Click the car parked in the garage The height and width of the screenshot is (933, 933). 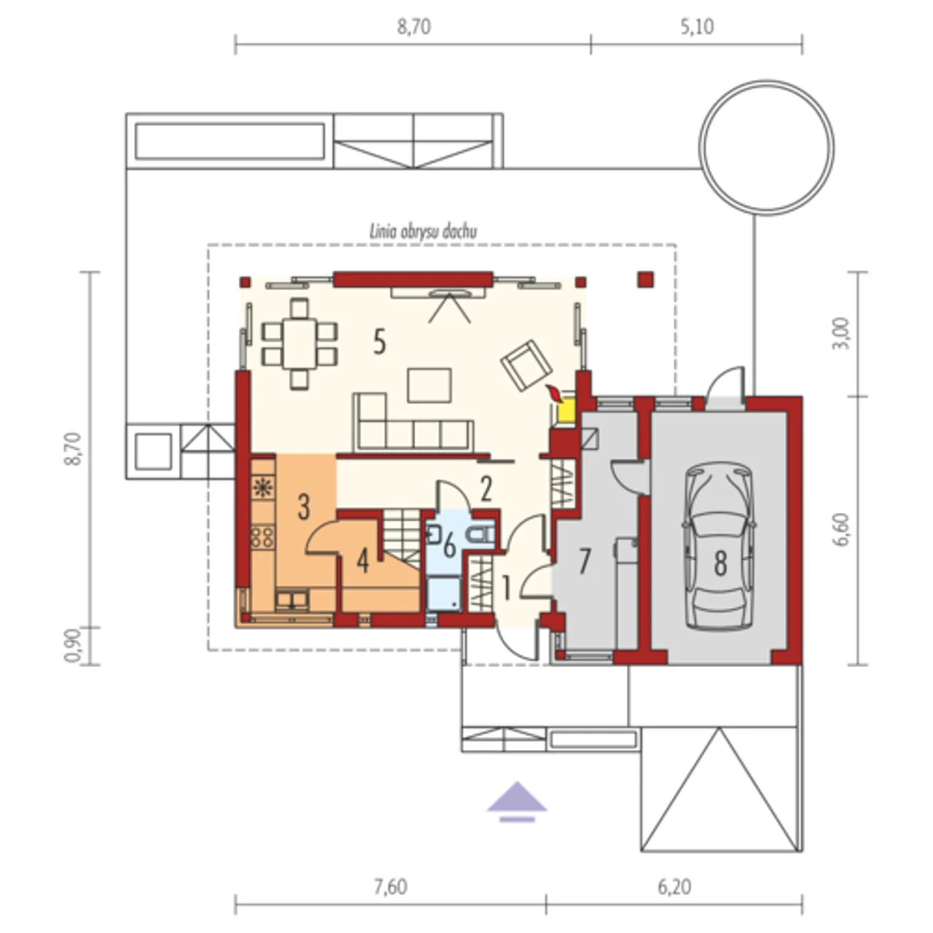pyautogui.click(x=719, y=547)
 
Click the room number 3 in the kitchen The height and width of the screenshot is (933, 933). pyautogui.click(x=303, y=507)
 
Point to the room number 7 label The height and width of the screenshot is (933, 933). pyautogui.click(x=585, y=561)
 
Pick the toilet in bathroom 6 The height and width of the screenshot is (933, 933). pyautogui.click(x=481, y=534)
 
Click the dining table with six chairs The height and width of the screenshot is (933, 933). pyautogui.click(x=300, y=344)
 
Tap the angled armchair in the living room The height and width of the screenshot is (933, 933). pyautogui.click(x=526, y=365)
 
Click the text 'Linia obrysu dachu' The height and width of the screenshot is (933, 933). pyautogui.click(x=423, y=232)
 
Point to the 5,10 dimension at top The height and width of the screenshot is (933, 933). pyautogui.click(x=697, y=27)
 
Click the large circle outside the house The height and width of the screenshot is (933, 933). pyautogui.click(x=766, y=147)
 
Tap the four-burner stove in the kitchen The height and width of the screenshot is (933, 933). pyautogui.click(x=262, y=536)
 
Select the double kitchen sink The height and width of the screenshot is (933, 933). pyautogui.click(x=292, y=600)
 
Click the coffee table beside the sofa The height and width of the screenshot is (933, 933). pyautogui.click(x=429, y=385)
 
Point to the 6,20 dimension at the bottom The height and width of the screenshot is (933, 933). pyautogui.click(x=674, y=886)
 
